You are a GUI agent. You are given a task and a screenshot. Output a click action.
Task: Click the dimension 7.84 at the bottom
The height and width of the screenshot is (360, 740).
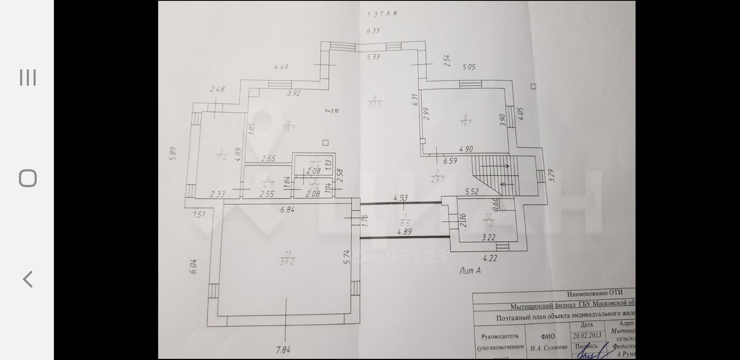tap(283, 350)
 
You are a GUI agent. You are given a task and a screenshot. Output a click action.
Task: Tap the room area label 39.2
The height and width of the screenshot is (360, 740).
tap(287, 261)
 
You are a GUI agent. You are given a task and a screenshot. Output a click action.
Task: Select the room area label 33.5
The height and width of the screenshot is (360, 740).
tap(374, 104)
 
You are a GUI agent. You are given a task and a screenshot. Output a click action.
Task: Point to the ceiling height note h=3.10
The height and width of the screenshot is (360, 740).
tap(331, 111)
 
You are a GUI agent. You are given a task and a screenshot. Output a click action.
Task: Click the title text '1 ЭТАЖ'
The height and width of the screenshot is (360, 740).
tap(382, 14)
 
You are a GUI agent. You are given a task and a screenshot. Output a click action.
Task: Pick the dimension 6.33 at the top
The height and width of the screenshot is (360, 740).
tap(373, 31)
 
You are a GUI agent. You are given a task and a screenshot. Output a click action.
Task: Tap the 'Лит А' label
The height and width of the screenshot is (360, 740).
tap(470, 271)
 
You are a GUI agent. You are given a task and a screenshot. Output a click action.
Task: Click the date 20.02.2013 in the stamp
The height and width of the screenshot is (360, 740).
tap(587, 336)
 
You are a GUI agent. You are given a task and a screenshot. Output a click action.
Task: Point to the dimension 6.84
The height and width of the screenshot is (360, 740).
tap(288, 210)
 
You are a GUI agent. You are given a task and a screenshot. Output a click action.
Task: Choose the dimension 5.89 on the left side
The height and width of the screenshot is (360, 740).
tap(173, 154)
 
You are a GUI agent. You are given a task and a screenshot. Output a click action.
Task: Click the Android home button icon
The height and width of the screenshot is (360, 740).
tap(28, 178)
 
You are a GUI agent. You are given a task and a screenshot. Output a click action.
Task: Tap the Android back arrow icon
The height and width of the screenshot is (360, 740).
tap(28, 279)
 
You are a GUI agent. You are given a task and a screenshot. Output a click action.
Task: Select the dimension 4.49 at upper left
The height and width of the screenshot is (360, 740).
tap(281, 67)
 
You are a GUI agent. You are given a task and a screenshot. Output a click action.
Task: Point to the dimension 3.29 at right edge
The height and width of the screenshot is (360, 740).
tap(551, 176)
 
